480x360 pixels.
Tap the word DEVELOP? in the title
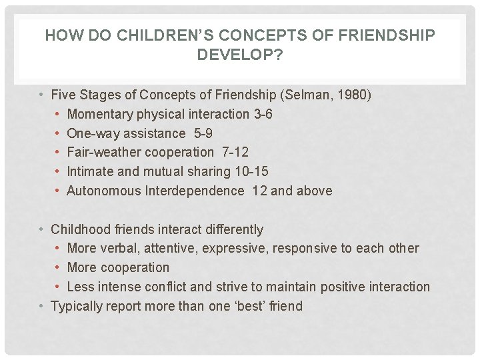tap(239, 55)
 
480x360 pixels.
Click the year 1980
tap(351, 95)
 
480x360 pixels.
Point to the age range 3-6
tap(263, 114)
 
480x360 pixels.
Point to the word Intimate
tap(91, 172)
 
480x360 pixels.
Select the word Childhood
tap(81, 229)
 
